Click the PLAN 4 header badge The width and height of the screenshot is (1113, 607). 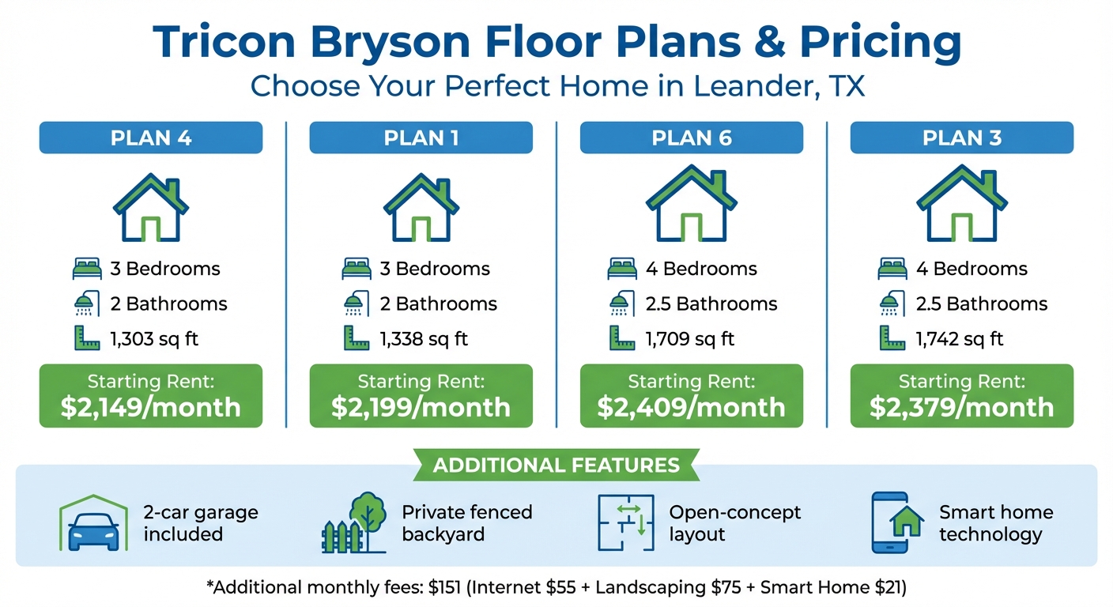click(x=150, y=138)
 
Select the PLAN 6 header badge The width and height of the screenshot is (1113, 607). click(x=691, y=138)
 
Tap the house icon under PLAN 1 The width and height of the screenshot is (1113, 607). click(x=421, y=208)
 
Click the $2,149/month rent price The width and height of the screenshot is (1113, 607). click(x=150, y=407)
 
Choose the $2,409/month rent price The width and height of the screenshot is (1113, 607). click(x=691, y=407)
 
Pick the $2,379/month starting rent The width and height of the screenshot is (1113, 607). click(x=961, y=407)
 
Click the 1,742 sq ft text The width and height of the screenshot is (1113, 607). click(x=960, y=339)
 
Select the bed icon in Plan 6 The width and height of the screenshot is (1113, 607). click(x=622, y=269)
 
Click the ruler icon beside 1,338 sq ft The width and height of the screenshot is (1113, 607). click(x=357, y=338)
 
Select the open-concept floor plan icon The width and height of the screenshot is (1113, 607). click(x=626, y=522)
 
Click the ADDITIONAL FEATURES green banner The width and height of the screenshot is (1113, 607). click(x=556, y=465)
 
